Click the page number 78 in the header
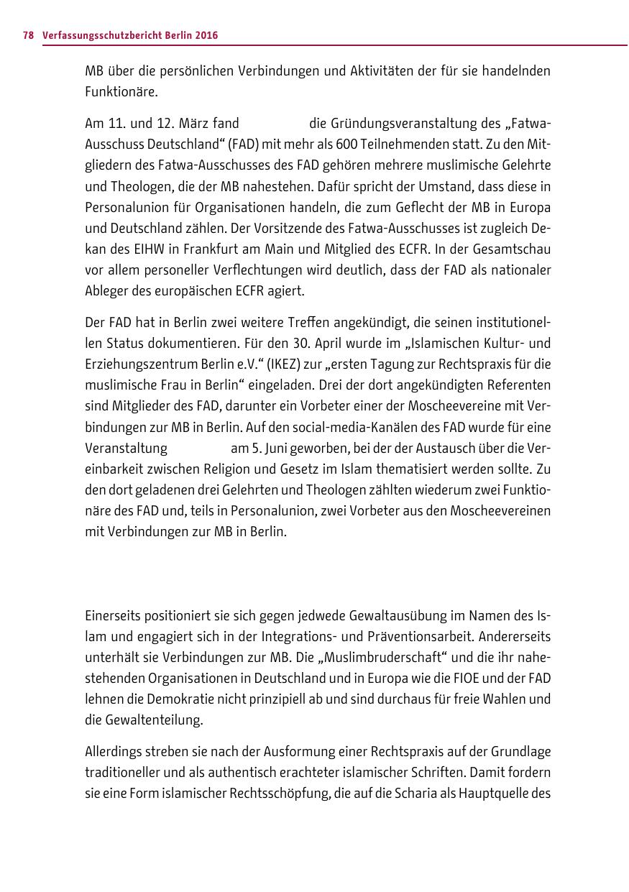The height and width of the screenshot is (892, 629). [x=28, y=35]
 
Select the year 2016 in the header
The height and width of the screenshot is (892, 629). [x=207, y=35]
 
